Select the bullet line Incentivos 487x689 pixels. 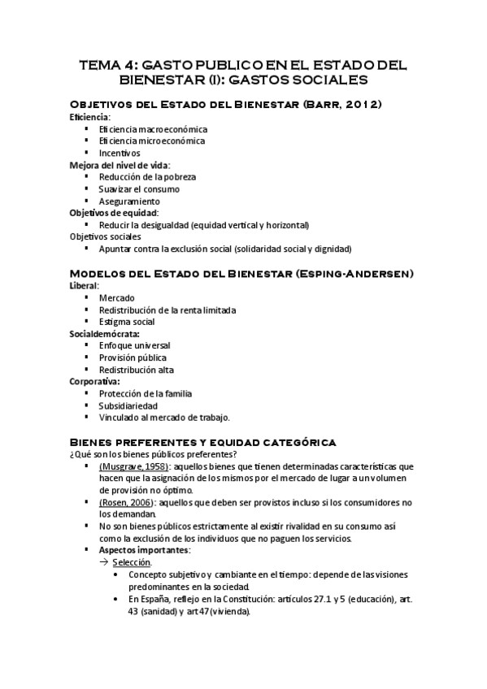click(x=120, y=153)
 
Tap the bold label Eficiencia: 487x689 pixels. click(x=89, y=117)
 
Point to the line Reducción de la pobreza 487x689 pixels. click(x=147, y=176)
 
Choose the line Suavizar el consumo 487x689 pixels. click(x=139, y=188)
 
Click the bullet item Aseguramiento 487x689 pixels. click(x=129, y=201)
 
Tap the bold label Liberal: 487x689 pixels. click(x=85, y=286)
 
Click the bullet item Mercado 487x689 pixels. click(x=117, y=298)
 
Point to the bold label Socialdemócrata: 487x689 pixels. click(x=105, y=334)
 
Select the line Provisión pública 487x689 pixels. click(x=133, y=357)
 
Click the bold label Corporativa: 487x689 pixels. click(x=95, y=381)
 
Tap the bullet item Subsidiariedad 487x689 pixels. click(x=128, y=405)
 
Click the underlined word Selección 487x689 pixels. click(x=131, y=561)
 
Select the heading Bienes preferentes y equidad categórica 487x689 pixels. click(x=202, y=441)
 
